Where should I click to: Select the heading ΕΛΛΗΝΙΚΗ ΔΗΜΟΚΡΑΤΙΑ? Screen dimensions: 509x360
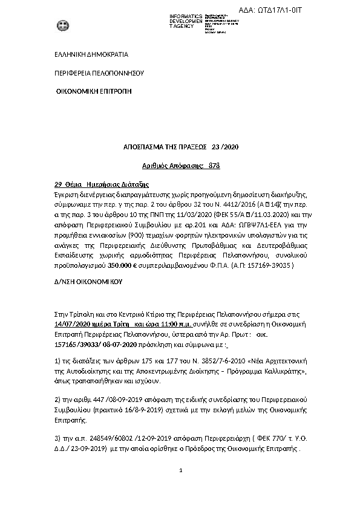(91, 54)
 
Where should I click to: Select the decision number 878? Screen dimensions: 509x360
(214, 165)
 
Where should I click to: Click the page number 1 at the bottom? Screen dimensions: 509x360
(180, 469)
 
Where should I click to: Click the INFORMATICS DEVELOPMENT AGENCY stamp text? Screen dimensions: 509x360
(186, 21)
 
